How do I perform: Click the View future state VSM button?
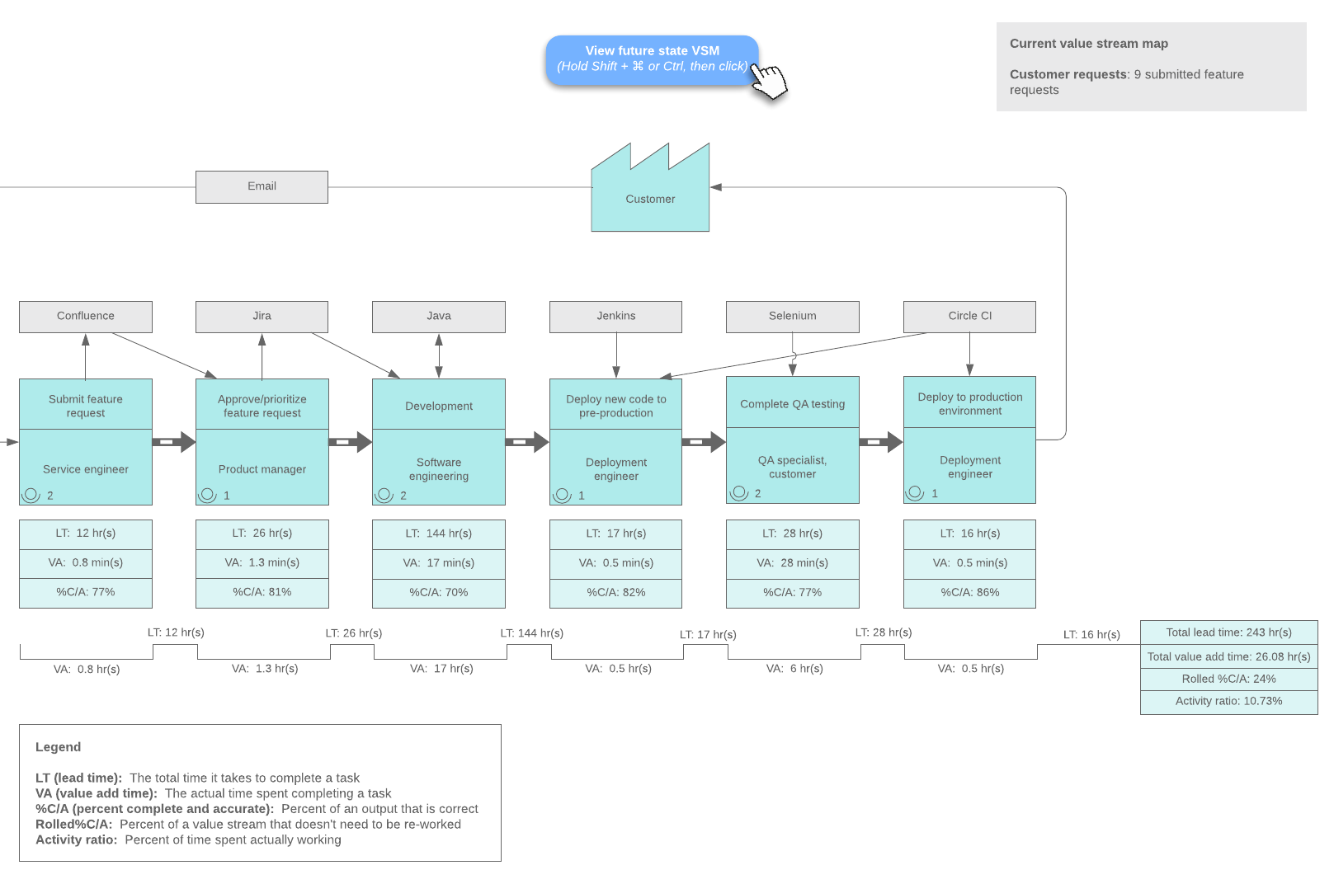point(651,59)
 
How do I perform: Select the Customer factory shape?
point(650,199)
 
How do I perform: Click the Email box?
point(262,186)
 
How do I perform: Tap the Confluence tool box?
point(86,316)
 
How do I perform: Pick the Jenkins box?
point(615,316)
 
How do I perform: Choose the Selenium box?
point(792,316)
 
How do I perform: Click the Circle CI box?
point(969,316)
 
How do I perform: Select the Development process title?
point(439,406)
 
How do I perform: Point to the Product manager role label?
point(262,469)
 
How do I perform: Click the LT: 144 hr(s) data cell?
point(439,534)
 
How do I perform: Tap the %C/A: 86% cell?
point(969,592)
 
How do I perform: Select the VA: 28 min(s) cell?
point(792,563)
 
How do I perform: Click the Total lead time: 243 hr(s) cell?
point(1228,632)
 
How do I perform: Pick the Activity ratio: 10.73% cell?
point(1228,701)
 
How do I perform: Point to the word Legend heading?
point(58,747)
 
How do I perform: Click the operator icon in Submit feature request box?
point(31,495)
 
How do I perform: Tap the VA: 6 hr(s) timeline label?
point(794,669)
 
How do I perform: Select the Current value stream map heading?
point(1088,44)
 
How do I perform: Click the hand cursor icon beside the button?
point(770,81)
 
